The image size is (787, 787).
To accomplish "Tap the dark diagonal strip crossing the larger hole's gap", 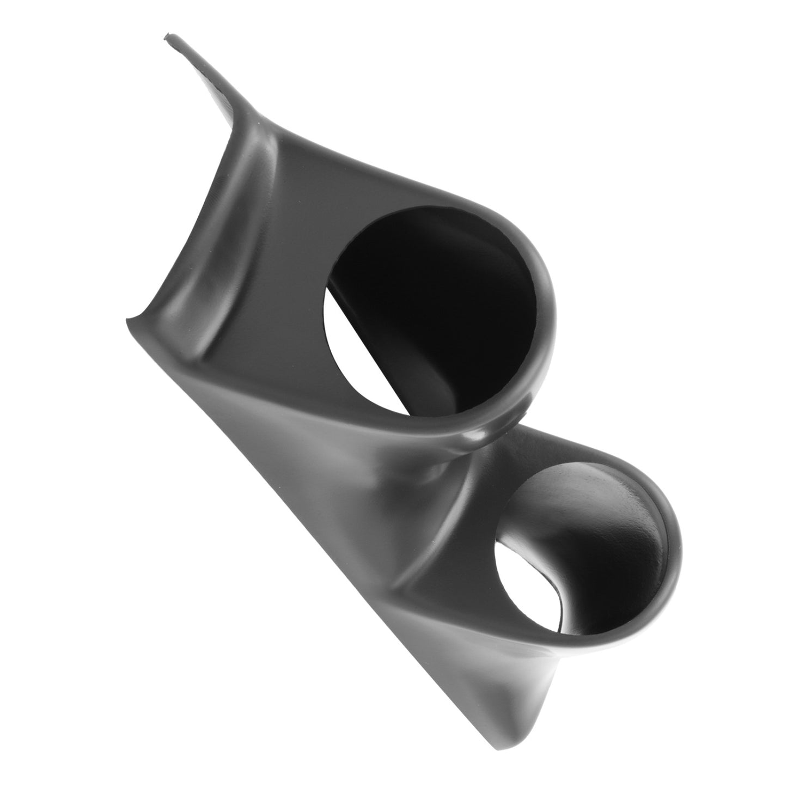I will click(x=376, y=349).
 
